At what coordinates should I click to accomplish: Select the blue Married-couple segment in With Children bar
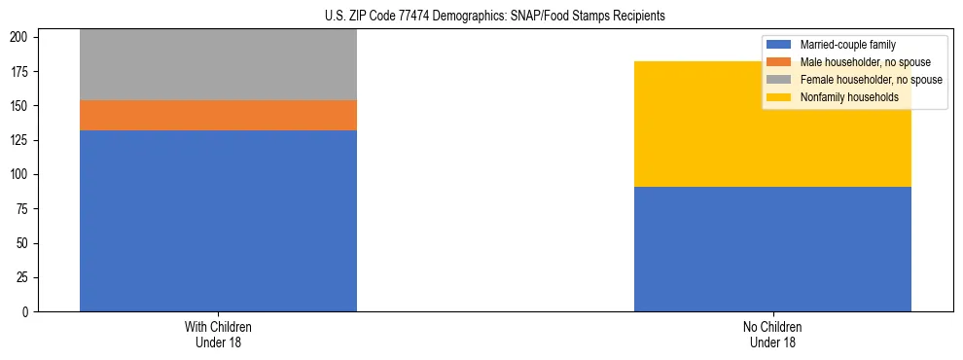pos(218,221)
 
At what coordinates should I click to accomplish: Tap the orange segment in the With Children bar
pos(218,115)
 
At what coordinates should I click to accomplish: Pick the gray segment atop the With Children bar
pos(218,64)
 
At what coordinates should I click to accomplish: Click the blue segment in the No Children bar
pos(772,249)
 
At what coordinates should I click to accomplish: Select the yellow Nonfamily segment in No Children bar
pos(772,124)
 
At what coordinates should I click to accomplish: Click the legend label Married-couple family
pos(847,45)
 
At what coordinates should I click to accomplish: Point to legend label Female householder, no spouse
pos(871,80)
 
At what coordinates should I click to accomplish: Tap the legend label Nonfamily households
pos(849,97)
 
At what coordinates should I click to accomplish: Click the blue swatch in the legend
pos(779,45)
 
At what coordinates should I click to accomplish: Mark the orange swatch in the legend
pos(779,62)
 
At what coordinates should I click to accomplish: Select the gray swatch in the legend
pos(779,80)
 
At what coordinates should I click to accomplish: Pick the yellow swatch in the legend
pos(779,97)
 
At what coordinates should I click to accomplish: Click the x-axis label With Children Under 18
pos(218,334)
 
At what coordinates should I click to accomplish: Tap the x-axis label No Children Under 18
pos(772,334)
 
